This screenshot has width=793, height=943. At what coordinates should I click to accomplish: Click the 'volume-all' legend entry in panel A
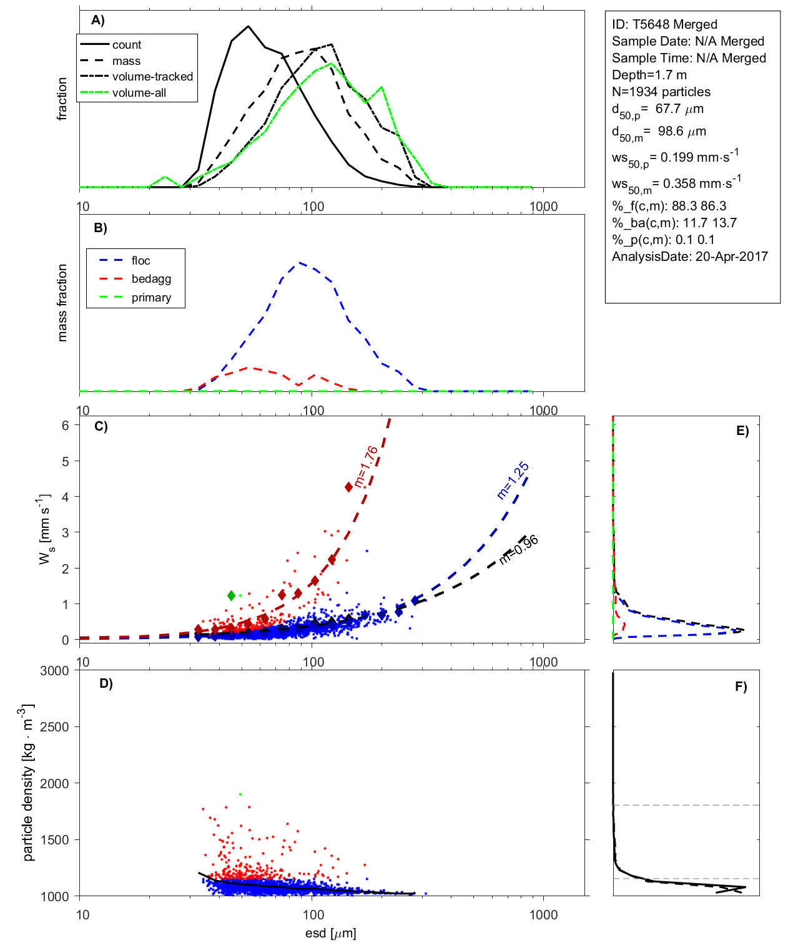(139, 93)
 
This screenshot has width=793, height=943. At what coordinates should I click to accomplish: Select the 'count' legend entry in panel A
(127, 45)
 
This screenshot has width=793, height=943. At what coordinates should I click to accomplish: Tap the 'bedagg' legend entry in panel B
(151, 279)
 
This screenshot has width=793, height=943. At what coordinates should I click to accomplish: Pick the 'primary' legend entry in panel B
(151, 298)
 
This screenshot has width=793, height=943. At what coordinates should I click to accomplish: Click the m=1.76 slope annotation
(366, 466)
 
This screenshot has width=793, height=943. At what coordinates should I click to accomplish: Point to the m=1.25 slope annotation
(513, 481)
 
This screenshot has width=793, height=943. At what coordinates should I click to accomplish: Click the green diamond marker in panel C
(232, 595)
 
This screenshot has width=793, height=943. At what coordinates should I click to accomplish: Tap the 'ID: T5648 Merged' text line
(664, 24)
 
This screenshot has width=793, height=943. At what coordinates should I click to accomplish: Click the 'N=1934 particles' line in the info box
(661, 92)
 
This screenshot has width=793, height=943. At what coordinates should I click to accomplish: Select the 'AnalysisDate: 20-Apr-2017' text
(689, 257)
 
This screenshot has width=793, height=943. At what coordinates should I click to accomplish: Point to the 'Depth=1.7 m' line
(649, 75)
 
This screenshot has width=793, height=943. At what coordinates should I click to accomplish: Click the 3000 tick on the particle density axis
(54, 671)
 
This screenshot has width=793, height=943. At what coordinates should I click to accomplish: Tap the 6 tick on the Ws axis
(65, 425)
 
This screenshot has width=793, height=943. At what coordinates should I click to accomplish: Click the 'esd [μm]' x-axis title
(330, 933)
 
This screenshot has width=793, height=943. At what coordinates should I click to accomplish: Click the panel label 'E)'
(742, 431)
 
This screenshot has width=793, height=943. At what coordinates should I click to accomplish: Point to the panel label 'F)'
(741, 686)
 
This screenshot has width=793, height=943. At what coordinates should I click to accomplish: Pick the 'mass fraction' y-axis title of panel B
(62, 303)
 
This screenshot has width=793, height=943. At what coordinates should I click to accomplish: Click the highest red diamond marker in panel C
(349, 487)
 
